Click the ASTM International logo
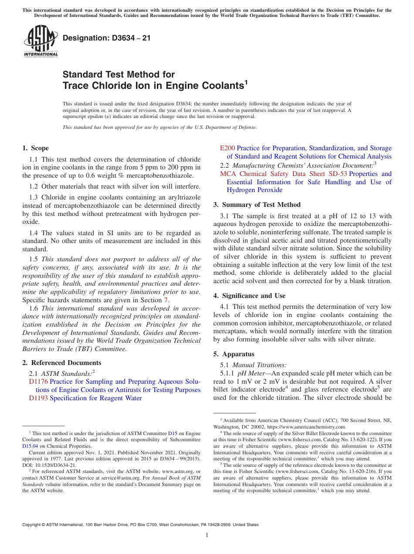pos(40,41)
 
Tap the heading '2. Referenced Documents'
pos(61,363)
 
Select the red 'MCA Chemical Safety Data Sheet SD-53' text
pos(283,174)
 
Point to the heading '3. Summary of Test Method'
pos(257,205)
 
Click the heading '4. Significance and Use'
pos(249,296)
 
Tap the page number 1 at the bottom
pos(207,535)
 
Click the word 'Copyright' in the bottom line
pos(34,525)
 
